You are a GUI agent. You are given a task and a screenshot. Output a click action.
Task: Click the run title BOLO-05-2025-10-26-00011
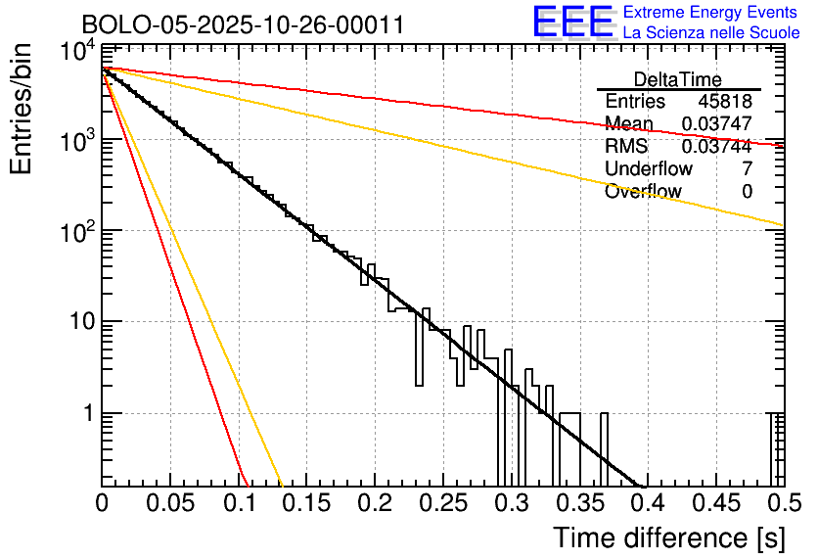pos(243,24)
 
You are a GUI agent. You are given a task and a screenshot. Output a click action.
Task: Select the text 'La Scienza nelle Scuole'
pos(711,32)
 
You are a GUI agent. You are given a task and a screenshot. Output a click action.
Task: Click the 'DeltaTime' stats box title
pos(678,79)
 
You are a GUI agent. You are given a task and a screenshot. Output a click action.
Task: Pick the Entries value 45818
pos(725,102)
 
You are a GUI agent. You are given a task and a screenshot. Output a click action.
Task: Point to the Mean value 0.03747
pos(717,124)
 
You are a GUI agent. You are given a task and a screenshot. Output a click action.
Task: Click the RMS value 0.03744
pos(717,147)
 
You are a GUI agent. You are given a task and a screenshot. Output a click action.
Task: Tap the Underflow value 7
pos(748,169)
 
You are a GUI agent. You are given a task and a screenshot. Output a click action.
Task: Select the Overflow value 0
pos(748,192)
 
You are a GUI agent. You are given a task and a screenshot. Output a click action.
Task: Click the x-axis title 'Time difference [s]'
pos(669,537)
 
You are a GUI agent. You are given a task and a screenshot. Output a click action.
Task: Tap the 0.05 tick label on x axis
pos(170,503)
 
